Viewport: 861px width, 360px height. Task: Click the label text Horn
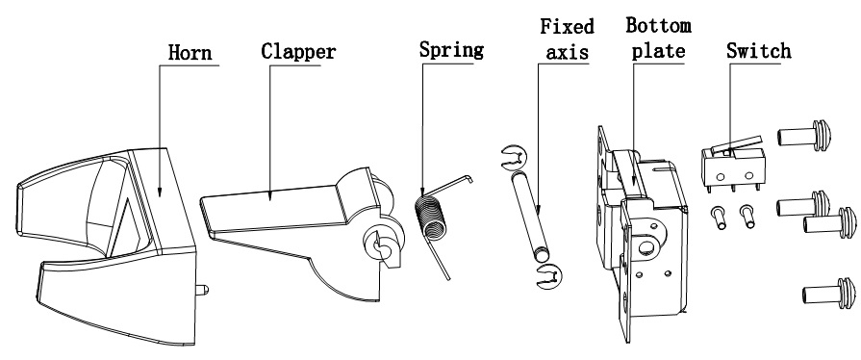(x=190, y=52)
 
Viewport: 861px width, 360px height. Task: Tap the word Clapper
(x=298, y=51)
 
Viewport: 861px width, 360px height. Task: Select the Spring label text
(x=451, y=49)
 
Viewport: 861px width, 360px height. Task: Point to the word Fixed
(x=568, y=26)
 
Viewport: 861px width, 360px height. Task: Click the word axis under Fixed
(x=568, y=52)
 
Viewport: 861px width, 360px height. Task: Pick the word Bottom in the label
(x=658, y=25)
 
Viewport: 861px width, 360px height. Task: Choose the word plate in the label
(x=658, y=51)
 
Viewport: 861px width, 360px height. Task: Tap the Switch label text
(x=759, y=51)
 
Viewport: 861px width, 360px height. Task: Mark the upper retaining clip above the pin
(x=514, y=157)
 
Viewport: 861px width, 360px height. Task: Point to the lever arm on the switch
(x=736, y=144)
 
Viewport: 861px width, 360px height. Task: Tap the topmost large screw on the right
(x=804, y=135)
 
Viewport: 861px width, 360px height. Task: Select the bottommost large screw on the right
(x=829, y=294)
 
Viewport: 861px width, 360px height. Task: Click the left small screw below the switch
(x=718, y=218)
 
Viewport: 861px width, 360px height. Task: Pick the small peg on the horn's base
(x=201, y=288)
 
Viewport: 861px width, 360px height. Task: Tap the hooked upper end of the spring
(x=468, y=177)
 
